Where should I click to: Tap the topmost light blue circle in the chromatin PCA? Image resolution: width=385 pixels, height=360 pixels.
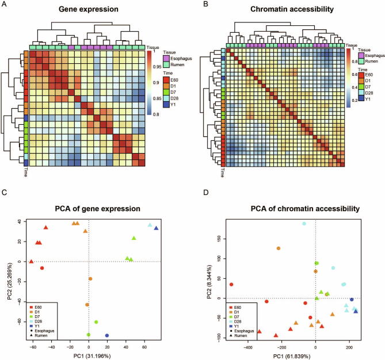(304, 224)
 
